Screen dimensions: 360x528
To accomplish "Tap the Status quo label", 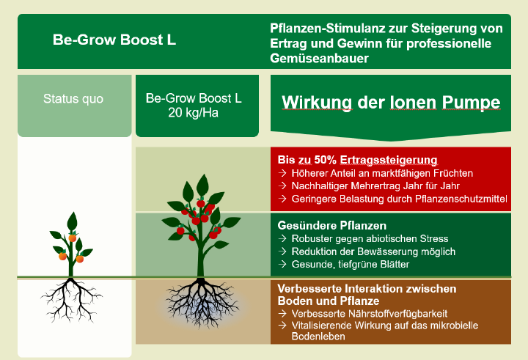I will (x=73, y=98).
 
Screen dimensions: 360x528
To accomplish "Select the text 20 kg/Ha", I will (x=194, y=112).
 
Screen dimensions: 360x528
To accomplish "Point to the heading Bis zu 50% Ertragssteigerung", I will (x=358, y=159).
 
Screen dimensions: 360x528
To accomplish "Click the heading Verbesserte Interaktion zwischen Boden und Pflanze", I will (x=367, y=294).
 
